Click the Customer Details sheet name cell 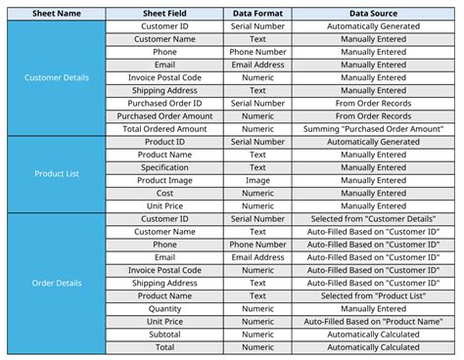click(x=55, y=76)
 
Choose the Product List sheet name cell click(x=55, y=173)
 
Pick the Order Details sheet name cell click(x=55, y=283)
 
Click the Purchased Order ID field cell click(x=165, y=103)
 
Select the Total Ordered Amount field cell click(x=165, y=128)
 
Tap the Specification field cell click(x=165, y=167)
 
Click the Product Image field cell click(x=165, y=180)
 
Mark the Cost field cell click(x=165, y=193)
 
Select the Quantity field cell click(x=165, y=308)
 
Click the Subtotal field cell click(x=165, y=334)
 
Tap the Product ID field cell click(x=165, y=141)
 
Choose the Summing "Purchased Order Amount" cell click(x=373, y=128)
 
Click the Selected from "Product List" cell click(x=373, y=295)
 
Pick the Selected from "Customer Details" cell click(x=373, y=218)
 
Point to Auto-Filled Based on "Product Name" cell click(x=373, y=321)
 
